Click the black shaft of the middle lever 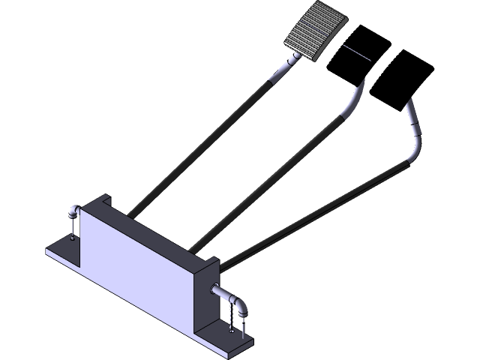pos(270,180)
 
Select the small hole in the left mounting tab pos(73,239)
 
